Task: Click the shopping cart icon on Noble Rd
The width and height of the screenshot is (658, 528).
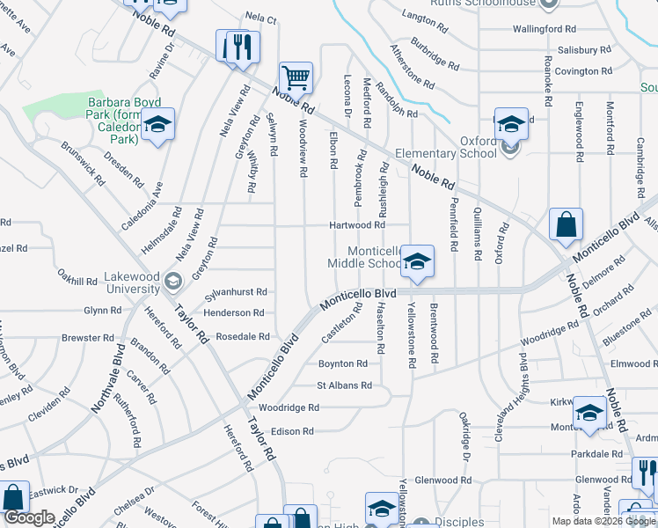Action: point(296,77)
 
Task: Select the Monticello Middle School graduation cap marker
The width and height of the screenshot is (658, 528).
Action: point(418,260)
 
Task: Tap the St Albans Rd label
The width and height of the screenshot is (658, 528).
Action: point(344,385)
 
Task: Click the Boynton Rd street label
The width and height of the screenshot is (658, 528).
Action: point(342,363)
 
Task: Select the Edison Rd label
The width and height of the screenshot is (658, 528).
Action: point(293,431)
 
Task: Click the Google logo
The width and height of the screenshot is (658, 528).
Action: point(29,517)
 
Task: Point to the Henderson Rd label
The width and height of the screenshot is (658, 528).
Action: point(233,312)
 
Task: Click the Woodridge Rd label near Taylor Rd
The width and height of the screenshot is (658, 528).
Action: point(289,408)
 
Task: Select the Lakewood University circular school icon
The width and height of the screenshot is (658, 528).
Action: point(173,281)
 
